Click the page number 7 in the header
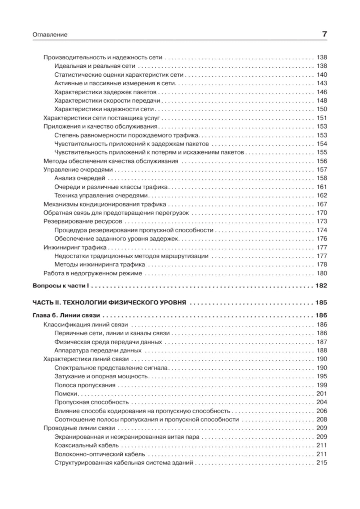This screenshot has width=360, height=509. click(x=324, y=35)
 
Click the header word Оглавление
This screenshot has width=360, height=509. click(x=50, y=35)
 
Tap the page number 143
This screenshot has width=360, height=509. click(x=321, y=83)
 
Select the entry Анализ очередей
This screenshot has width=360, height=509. click(x=80, y=178)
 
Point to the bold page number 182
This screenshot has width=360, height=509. click(x=321, y=286)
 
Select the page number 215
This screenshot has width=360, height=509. click(x=321, y=463)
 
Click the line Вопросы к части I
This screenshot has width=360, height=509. click(x=60, y=286)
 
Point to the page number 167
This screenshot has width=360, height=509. click(x=321, y=204)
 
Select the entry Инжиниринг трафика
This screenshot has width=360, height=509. click(x=75, y=247)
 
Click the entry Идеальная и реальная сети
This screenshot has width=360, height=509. click(x=95, y=66)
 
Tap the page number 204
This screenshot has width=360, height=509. click(x=321, y=402)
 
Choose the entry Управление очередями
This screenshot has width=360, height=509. click(x=78, y=170)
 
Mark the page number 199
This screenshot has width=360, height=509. click(x=321, y=385)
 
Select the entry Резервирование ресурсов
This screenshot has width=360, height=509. click(x=82, y=222)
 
